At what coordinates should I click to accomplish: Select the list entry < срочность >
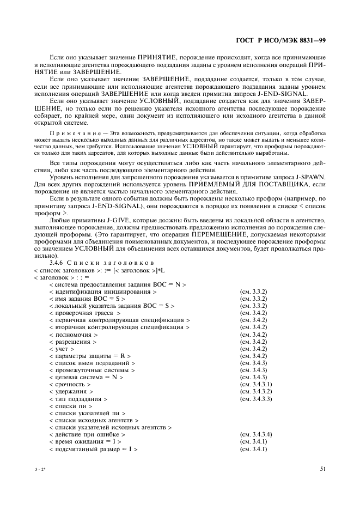[70, 384]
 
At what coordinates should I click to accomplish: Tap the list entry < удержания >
[71, 391]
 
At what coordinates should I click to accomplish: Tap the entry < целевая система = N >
[86, 377]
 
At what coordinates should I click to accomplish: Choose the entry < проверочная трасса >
[84, 313]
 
